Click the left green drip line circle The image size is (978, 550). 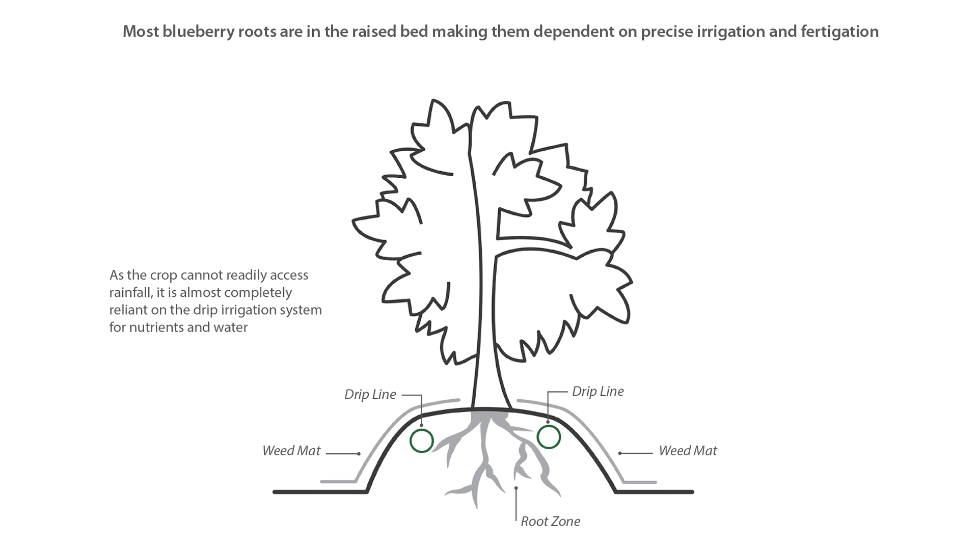pos(421,441)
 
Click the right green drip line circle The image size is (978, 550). pos(549,437)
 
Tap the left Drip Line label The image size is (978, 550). pos(370,395)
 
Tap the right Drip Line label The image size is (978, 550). pos(597,392)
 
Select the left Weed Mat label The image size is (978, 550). pos(291,451)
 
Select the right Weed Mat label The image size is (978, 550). pos(687,451)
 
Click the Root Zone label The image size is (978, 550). pos(550,521)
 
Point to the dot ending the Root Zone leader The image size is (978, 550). pos(516,488)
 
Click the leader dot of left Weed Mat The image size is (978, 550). pos(359,454)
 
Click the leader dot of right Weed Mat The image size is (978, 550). pos(620,453)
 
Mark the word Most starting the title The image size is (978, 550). pos(141,32)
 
